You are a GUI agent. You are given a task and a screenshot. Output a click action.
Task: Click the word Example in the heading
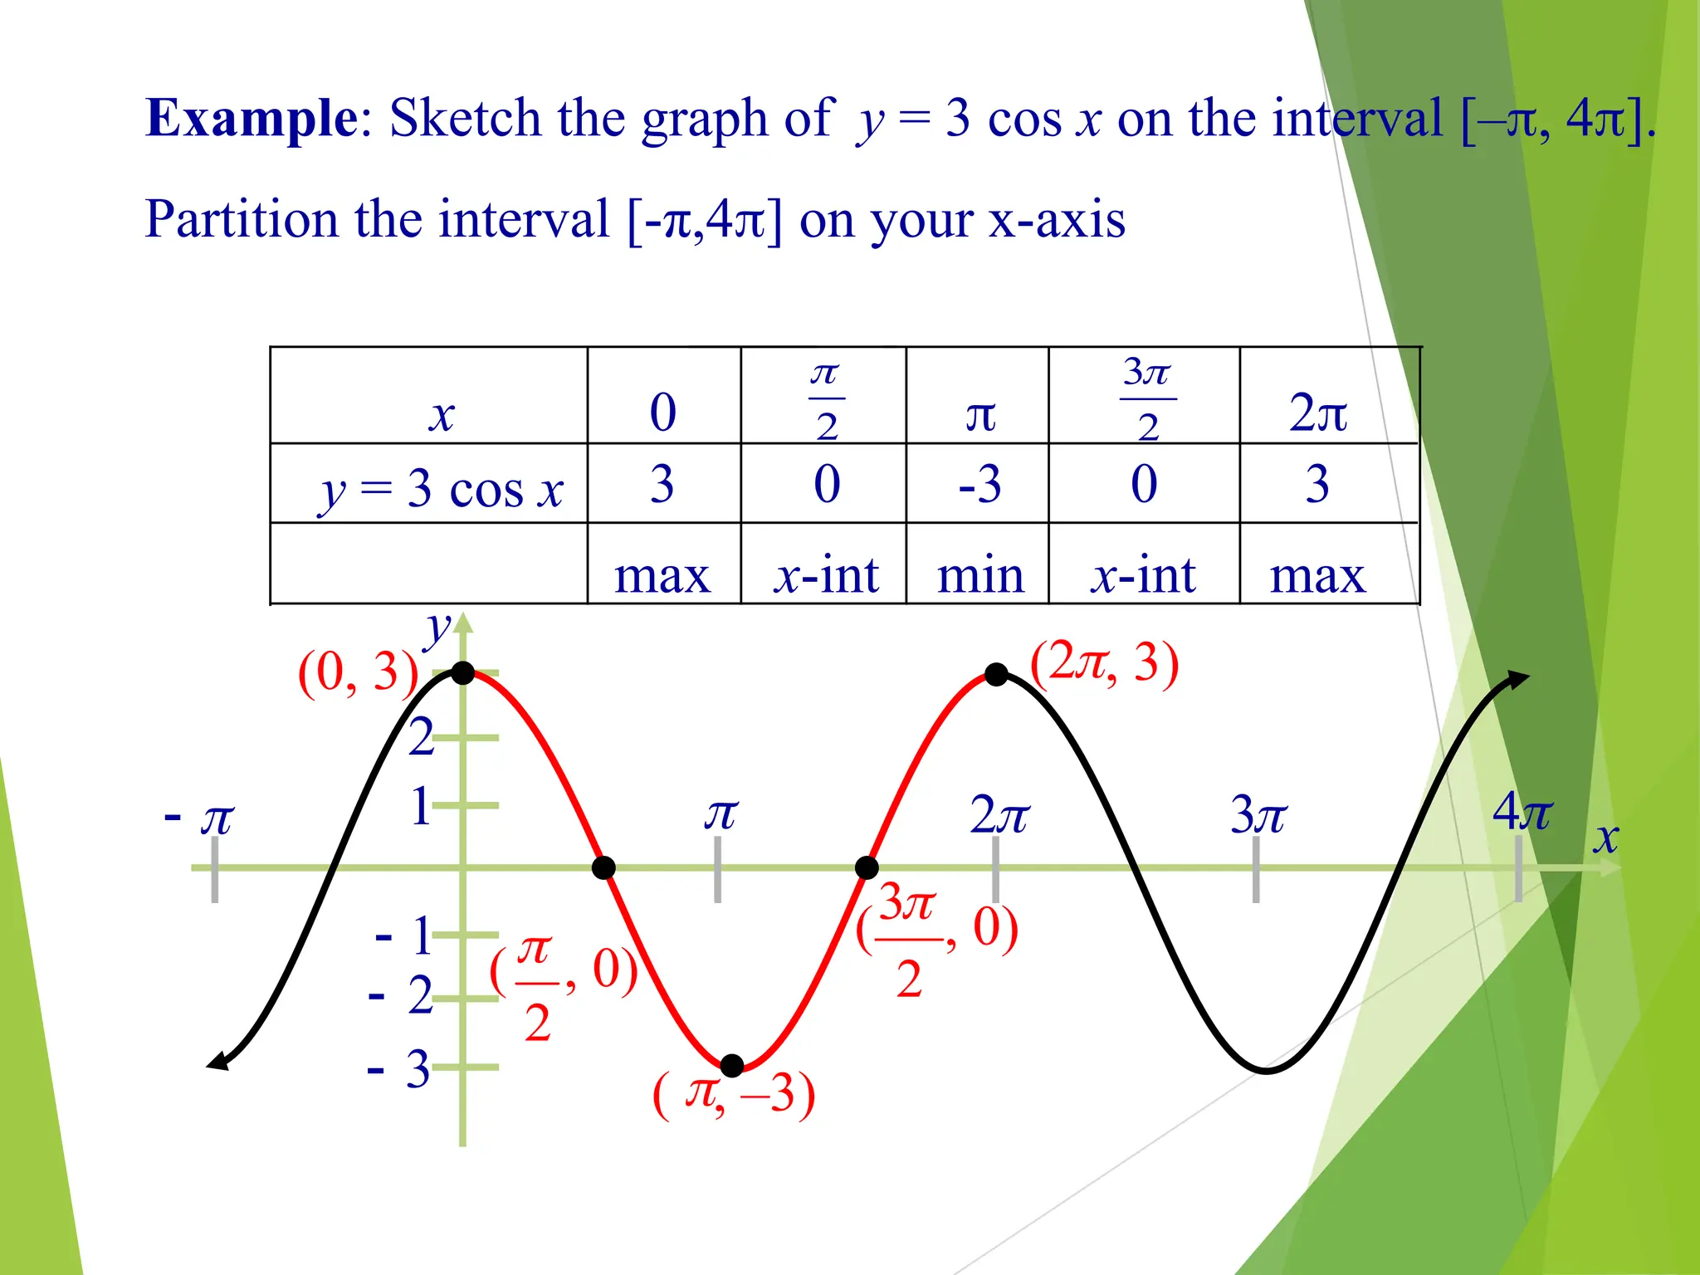(x=251, y=119)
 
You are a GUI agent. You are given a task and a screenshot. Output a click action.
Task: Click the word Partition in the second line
(x=242, y=220)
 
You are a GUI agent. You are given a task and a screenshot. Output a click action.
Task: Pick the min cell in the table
(x=979, y=574)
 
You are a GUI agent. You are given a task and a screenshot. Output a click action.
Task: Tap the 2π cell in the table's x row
(x=1317, y=413)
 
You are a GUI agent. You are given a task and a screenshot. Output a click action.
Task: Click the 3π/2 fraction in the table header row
(x=1146, y=398)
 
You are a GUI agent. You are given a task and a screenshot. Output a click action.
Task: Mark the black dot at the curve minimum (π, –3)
(x=732, y=1065)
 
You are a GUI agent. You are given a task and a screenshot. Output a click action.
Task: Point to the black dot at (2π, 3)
(x=996, y=675)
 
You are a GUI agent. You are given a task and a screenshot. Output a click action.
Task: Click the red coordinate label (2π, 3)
(x=1104, y=664)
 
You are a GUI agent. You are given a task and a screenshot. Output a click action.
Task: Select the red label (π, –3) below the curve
(x=734, y=1095)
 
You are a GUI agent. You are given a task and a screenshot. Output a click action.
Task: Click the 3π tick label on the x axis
(x=1258, y=815)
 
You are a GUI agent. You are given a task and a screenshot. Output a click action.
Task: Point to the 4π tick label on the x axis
(x=1522, y=812)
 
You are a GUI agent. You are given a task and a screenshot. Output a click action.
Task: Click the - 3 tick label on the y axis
(x=399, y=1069)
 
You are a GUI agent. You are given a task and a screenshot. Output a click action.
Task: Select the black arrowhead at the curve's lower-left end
(x=217, y=1062)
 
